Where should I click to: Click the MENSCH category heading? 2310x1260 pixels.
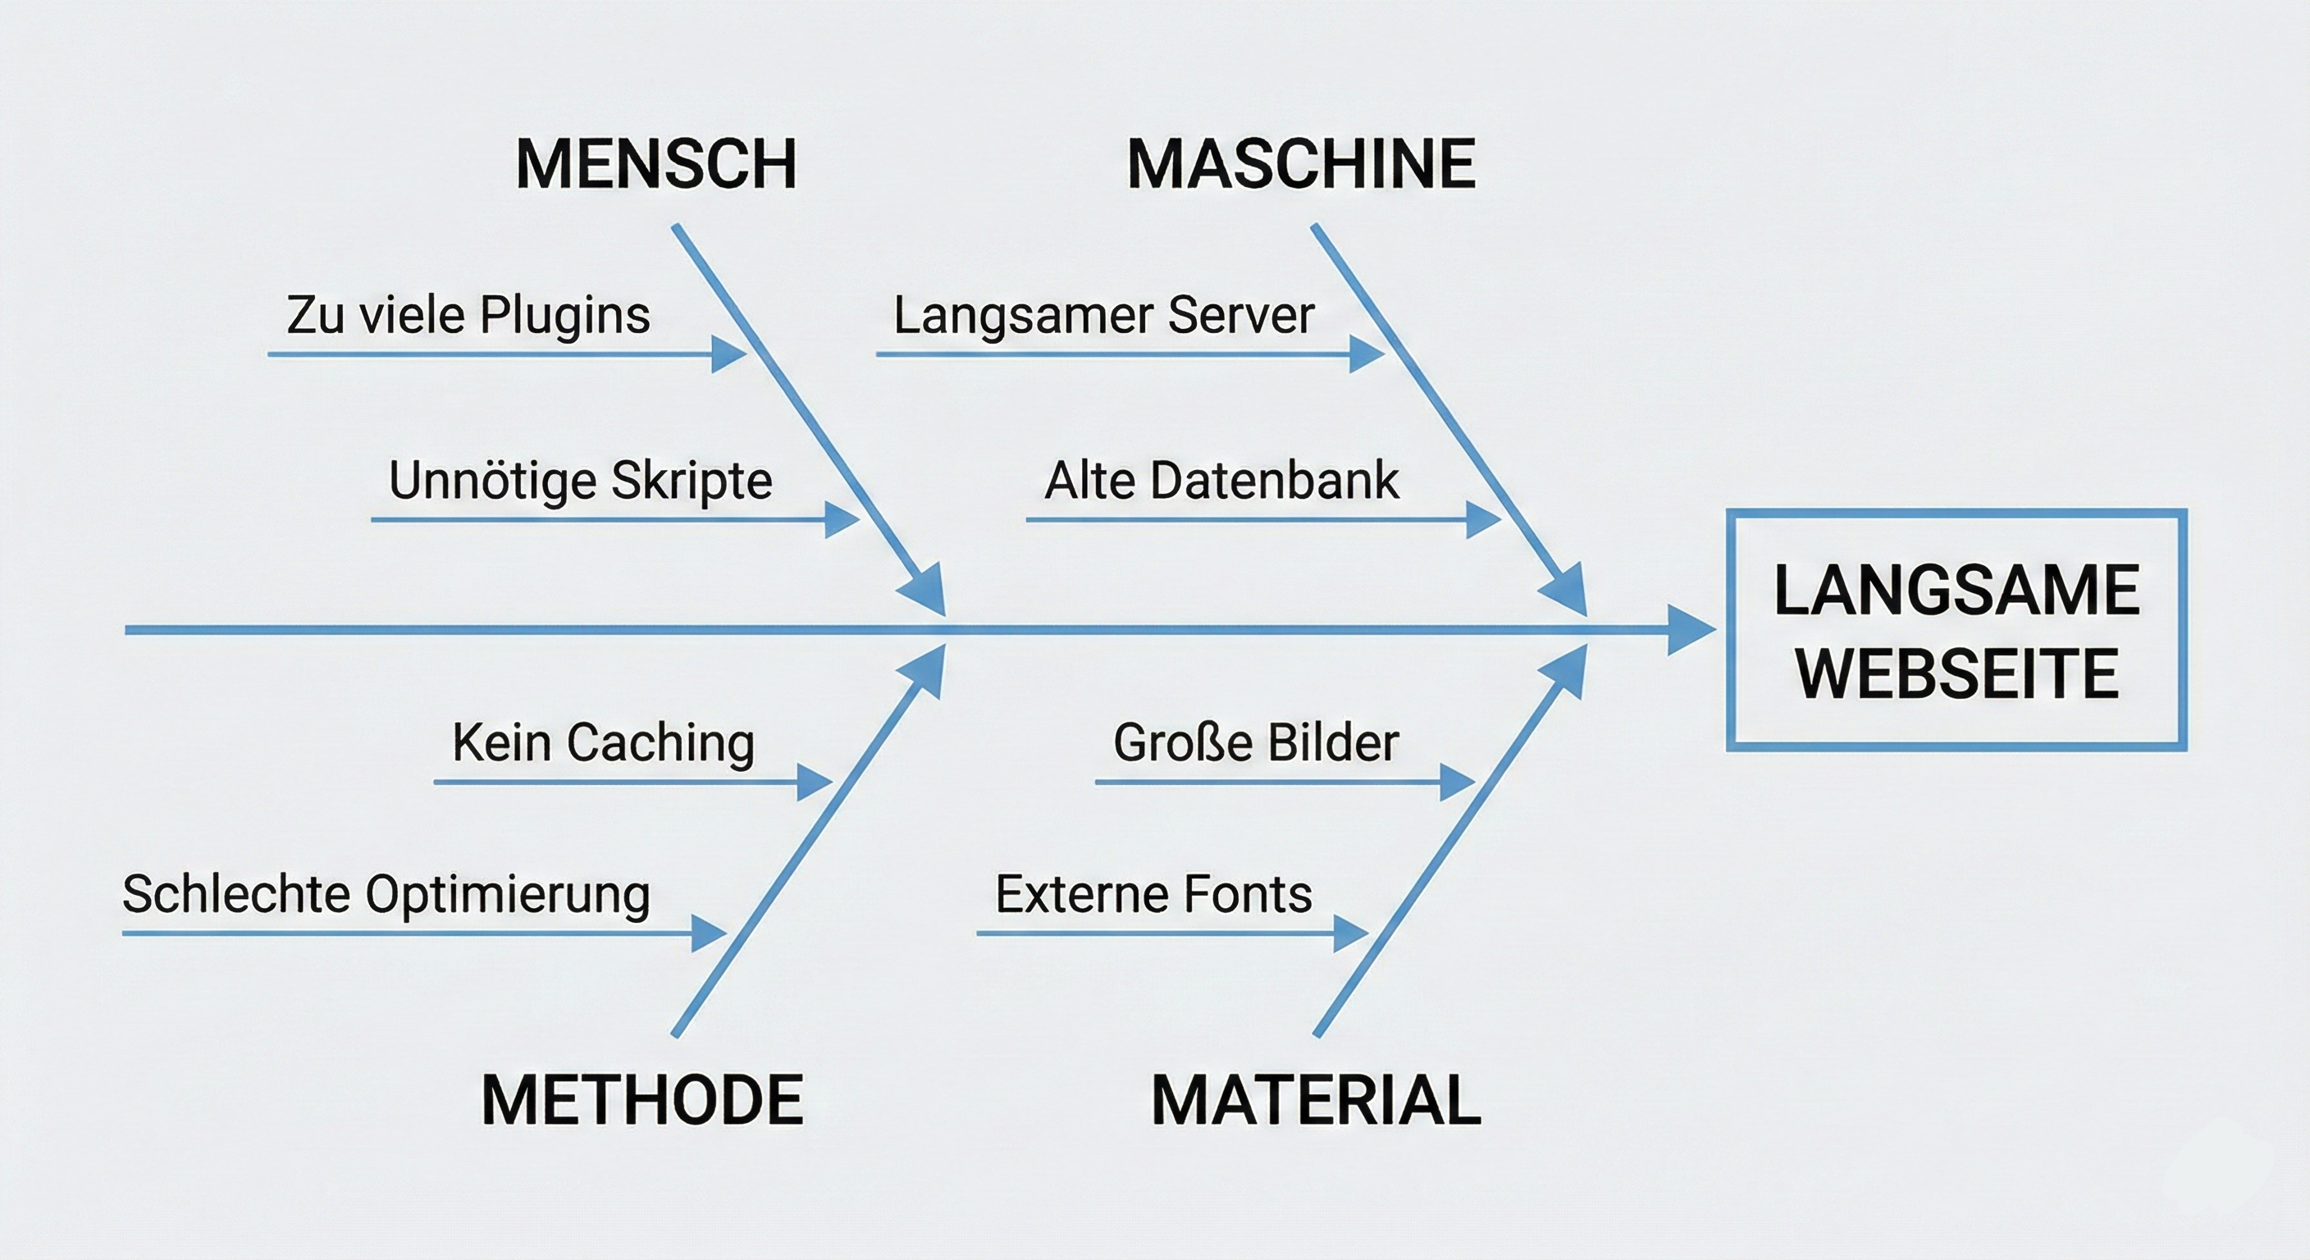655,164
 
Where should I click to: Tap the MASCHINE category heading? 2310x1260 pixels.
1300,164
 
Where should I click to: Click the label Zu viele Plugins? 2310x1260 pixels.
468,315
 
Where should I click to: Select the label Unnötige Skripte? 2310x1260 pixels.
580,480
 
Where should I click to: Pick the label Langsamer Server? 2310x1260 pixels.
1104,315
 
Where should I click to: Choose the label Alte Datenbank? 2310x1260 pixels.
1221,480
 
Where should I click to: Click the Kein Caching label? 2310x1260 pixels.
604,742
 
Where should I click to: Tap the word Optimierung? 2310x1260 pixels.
508,894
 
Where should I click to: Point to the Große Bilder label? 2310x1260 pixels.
1255,742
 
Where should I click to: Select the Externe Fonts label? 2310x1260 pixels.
1153,894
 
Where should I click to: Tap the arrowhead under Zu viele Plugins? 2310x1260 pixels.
728,354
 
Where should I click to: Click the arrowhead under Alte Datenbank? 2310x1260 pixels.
1481,519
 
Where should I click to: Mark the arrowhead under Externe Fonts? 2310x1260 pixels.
1349,934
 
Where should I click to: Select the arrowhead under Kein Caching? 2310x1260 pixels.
814,782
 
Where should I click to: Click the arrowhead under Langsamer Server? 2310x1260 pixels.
1366,354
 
